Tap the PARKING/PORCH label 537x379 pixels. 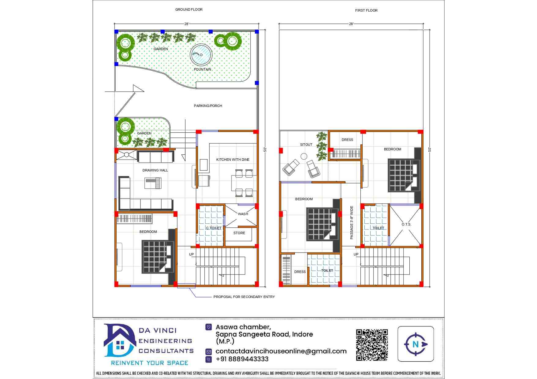click(x=208, y=106)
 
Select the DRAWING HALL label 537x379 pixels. click(x=155, y=170)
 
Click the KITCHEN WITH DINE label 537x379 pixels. click(x=233, y=160)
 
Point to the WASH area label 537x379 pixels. click(x=243, y=214)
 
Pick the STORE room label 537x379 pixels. click(x=239, y=233)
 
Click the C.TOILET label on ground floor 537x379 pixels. click(x=214, y=228)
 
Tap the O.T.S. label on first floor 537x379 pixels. click(x=406, y=224)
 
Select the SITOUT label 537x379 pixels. click(x=306, y=145)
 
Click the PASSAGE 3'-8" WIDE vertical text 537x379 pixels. click(x=352, y=223)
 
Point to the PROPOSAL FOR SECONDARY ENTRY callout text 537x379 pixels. click(x=244, y=297)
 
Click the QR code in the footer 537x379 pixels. click(x=372, y=345)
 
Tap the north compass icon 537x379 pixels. click(x=416, y=344)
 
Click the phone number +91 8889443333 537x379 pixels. click(x=242, y=359)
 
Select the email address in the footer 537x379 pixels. click(x=281, y=351)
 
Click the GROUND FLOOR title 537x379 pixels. click(x=189, y=9)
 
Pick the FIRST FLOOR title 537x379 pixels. click(x=366, y=10)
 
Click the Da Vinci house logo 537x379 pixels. click(x=120, y=340)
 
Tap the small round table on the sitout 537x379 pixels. click(x=304, y=156)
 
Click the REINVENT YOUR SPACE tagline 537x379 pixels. click(x=150, y=363)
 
